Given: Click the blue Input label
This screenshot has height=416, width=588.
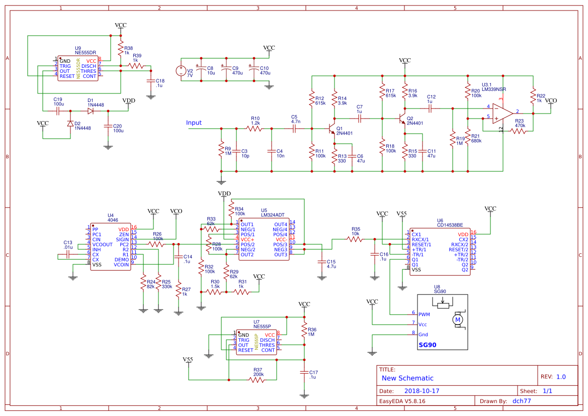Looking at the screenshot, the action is coord(194,123).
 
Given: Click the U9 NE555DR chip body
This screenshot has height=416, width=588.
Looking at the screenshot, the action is coord(78,68).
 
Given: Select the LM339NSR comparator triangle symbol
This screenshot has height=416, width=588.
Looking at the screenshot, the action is coord(502,113).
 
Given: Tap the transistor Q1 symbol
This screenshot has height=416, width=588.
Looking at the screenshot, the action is coord(331,129).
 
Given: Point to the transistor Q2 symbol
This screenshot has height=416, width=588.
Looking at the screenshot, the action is coord(401,119).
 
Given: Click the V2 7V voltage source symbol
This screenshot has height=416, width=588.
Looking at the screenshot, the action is coord(181,71).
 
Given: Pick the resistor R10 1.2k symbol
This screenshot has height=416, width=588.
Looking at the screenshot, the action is coord(254,129).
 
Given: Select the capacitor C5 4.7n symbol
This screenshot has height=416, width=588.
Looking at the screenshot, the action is coord(294,129).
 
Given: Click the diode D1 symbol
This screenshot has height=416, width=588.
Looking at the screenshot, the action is coord(91,111).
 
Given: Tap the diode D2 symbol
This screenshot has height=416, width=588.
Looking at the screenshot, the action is coord(70,124).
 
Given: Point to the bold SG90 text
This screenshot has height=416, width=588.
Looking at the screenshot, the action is coord(428,345).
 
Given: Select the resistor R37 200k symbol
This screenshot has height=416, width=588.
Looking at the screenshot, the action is coord(257,380).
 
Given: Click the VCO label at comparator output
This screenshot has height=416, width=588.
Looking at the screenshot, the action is coord(551,100).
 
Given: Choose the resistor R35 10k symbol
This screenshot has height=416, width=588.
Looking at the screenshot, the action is coord(355,239).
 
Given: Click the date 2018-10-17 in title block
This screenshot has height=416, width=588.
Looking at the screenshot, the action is coord(422,391).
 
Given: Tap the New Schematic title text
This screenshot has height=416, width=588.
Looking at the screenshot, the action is coord(407,378).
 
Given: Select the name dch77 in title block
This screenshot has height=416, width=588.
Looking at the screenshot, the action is coord(522,401).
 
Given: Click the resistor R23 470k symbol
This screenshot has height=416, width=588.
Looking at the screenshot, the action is coord(519,131).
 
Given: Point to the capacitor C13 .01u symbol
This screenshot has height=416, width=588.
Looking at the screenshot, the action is coord(68,255).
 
